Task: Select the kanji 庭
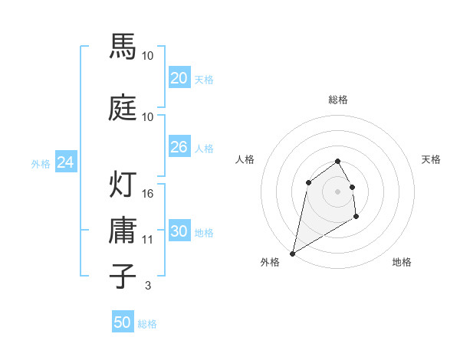pos(124,109)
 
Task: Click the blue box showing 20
pos(179,78)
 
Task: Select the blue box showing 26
pos(179,147)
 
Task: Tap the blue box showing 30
pos(179,232)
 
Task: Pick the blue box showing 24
pos(66,162)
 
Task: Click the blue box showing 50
pos(123,322)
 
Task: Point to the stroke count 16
pos(148,194)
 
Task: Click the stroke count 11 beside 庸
pos(148,240)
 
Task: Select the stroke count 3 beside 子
pos(148,286)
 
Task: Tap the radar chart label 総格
pos(338,100)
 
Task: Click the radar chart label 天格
pos(432,159)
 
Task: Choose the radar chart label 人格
pos(245,159)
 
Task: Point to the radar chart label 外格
pos(270,262)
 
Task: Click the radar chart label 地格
pos(402,262)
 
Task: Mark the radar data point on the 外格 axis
pos(292,253)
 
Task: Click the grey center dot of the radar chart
pos(338,191)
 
